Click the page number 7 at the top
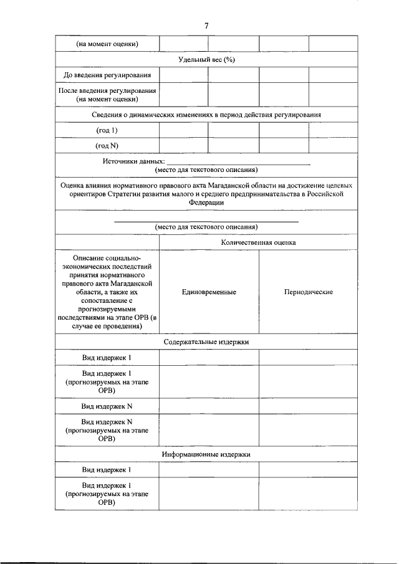point(206,25)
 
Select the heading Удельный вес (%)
point(206,60)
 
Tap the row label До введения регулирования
point(107,75)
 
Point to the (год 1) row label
point(107,130)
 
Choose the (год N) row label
point(107,145)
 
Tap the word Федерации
point(206,202)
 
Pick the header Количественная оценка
point(258,242)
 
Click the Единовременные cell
point(209,292)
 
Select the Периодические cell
point(308,292)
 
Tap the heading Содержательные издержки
point(206,342)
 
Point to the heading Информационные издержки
point(206,454)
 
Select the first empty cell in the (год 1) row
point(183,130)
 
